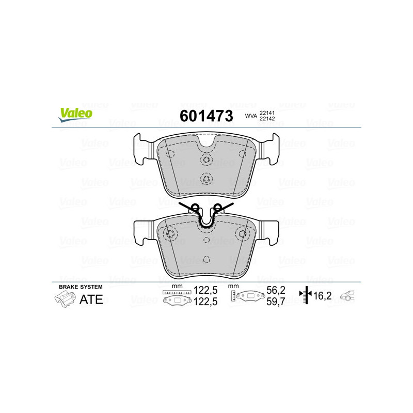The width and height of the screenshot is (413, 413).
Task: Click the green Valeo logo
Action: [75, 115]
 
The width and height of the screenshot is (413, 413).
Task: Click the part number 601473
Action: [206, 116]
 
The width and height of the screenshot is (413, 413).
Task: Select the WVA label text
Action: [251, 116]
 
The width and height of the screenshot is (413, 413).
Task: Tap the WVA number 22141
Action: [267, 113]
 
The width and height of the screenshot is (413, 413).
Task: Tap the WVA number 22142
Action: [267, 119]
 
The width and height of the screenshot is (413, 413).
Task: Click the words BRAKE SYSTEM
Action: [81, 287]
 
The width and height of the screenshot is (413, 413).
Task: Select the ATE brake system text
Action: [91, 299]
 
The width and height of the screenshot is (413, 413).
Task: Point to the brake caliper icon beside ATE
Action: [65, 299]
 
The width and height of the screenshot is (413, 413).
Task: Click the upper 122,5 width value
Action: [205, 290]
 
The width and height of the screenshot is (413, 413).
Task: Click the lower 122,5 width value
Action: [205, 301]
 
